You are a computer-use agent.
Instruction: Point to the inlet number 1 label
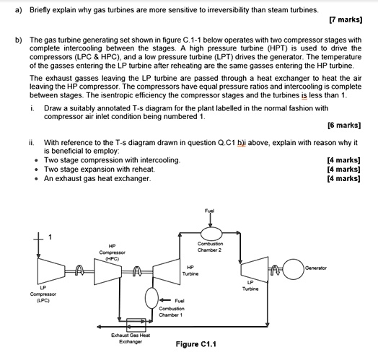(x=50, y=237)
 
